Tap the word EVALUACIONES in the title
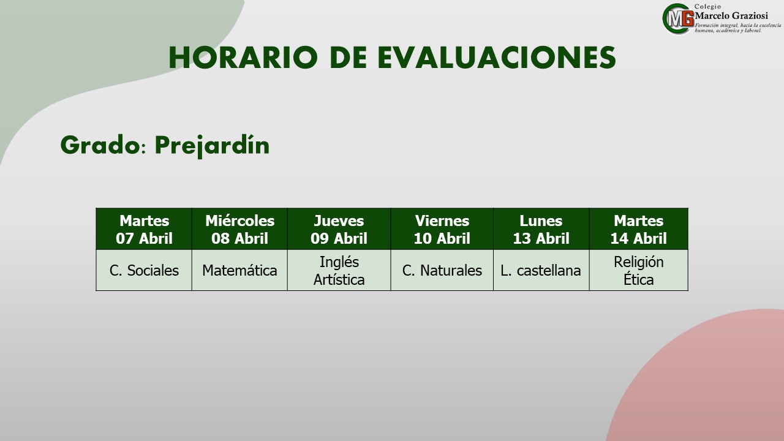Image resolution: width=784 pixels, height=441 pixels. (497, 57)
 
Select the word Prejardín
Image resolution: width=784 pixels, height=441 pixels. (212, 145)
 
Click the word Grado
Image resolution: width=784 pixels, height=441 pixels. (100, 145)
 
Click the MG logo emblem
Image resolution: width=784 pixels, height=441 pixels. (678, 19)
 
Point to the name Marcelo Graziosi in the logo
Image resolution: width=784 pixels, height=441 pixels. (731, 15)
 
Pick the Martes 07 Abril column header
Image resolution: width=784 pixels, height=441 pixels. (144, 229)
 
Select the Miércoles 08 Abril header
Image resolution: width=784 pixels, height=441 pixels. (239, 229)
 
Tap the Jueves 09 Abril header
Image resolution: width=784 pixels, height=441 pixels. (339, 229)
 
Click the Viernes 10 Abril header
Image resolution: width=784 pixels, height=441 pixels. (442, 229)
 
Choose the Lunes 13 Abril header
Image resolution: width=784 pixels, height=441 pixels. (541, 229)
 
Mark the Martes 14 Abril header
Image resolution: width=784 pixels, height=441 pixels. (638, 229)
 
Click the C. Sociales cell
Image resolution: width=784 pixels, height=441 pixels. (144, 270)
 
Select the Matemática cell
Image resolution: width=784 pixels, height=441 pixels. (239, 270)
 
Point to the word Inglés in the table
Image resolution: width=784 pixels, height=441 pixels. (339, 262)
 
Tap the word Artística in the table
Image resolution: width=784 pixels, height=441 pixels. (339, 280)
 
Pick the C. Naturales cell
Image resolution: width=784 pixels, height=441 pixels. (442, 270)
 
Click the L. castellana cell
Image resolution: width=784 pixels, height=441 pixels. (541, 270)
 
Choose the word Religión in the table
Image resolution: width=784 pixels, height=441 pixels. (638, 262)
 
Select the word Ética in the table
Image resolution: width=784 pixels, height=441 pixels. (638, 280)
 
